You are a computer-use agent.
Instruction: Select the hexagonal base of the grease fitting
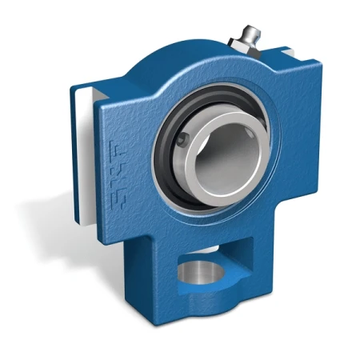[x=244, y=48]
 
